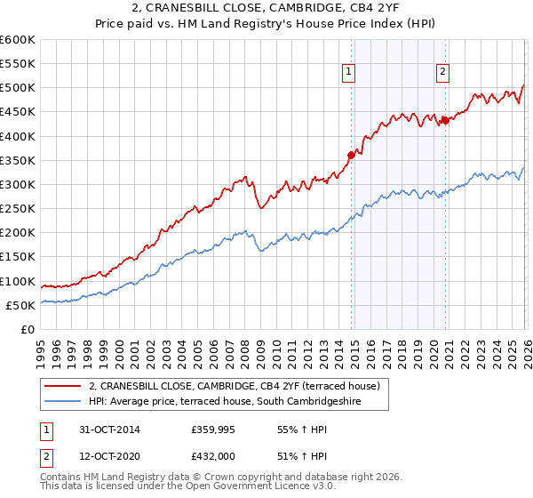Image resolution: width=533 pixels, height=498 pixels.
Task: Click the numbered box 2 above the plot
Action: pos(442,73)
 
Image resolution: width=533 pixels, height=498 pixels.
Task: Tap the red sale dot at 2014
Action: pos(351,155)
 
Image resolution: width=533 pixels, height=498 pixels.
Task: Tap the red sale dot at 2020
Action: pos(444,121)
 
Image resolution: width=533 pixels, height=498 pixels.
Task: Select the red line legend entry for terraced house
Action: pos(235,386)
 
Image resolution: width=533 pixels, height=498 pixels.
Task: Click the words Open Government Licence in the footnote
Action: pos(250,488)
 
